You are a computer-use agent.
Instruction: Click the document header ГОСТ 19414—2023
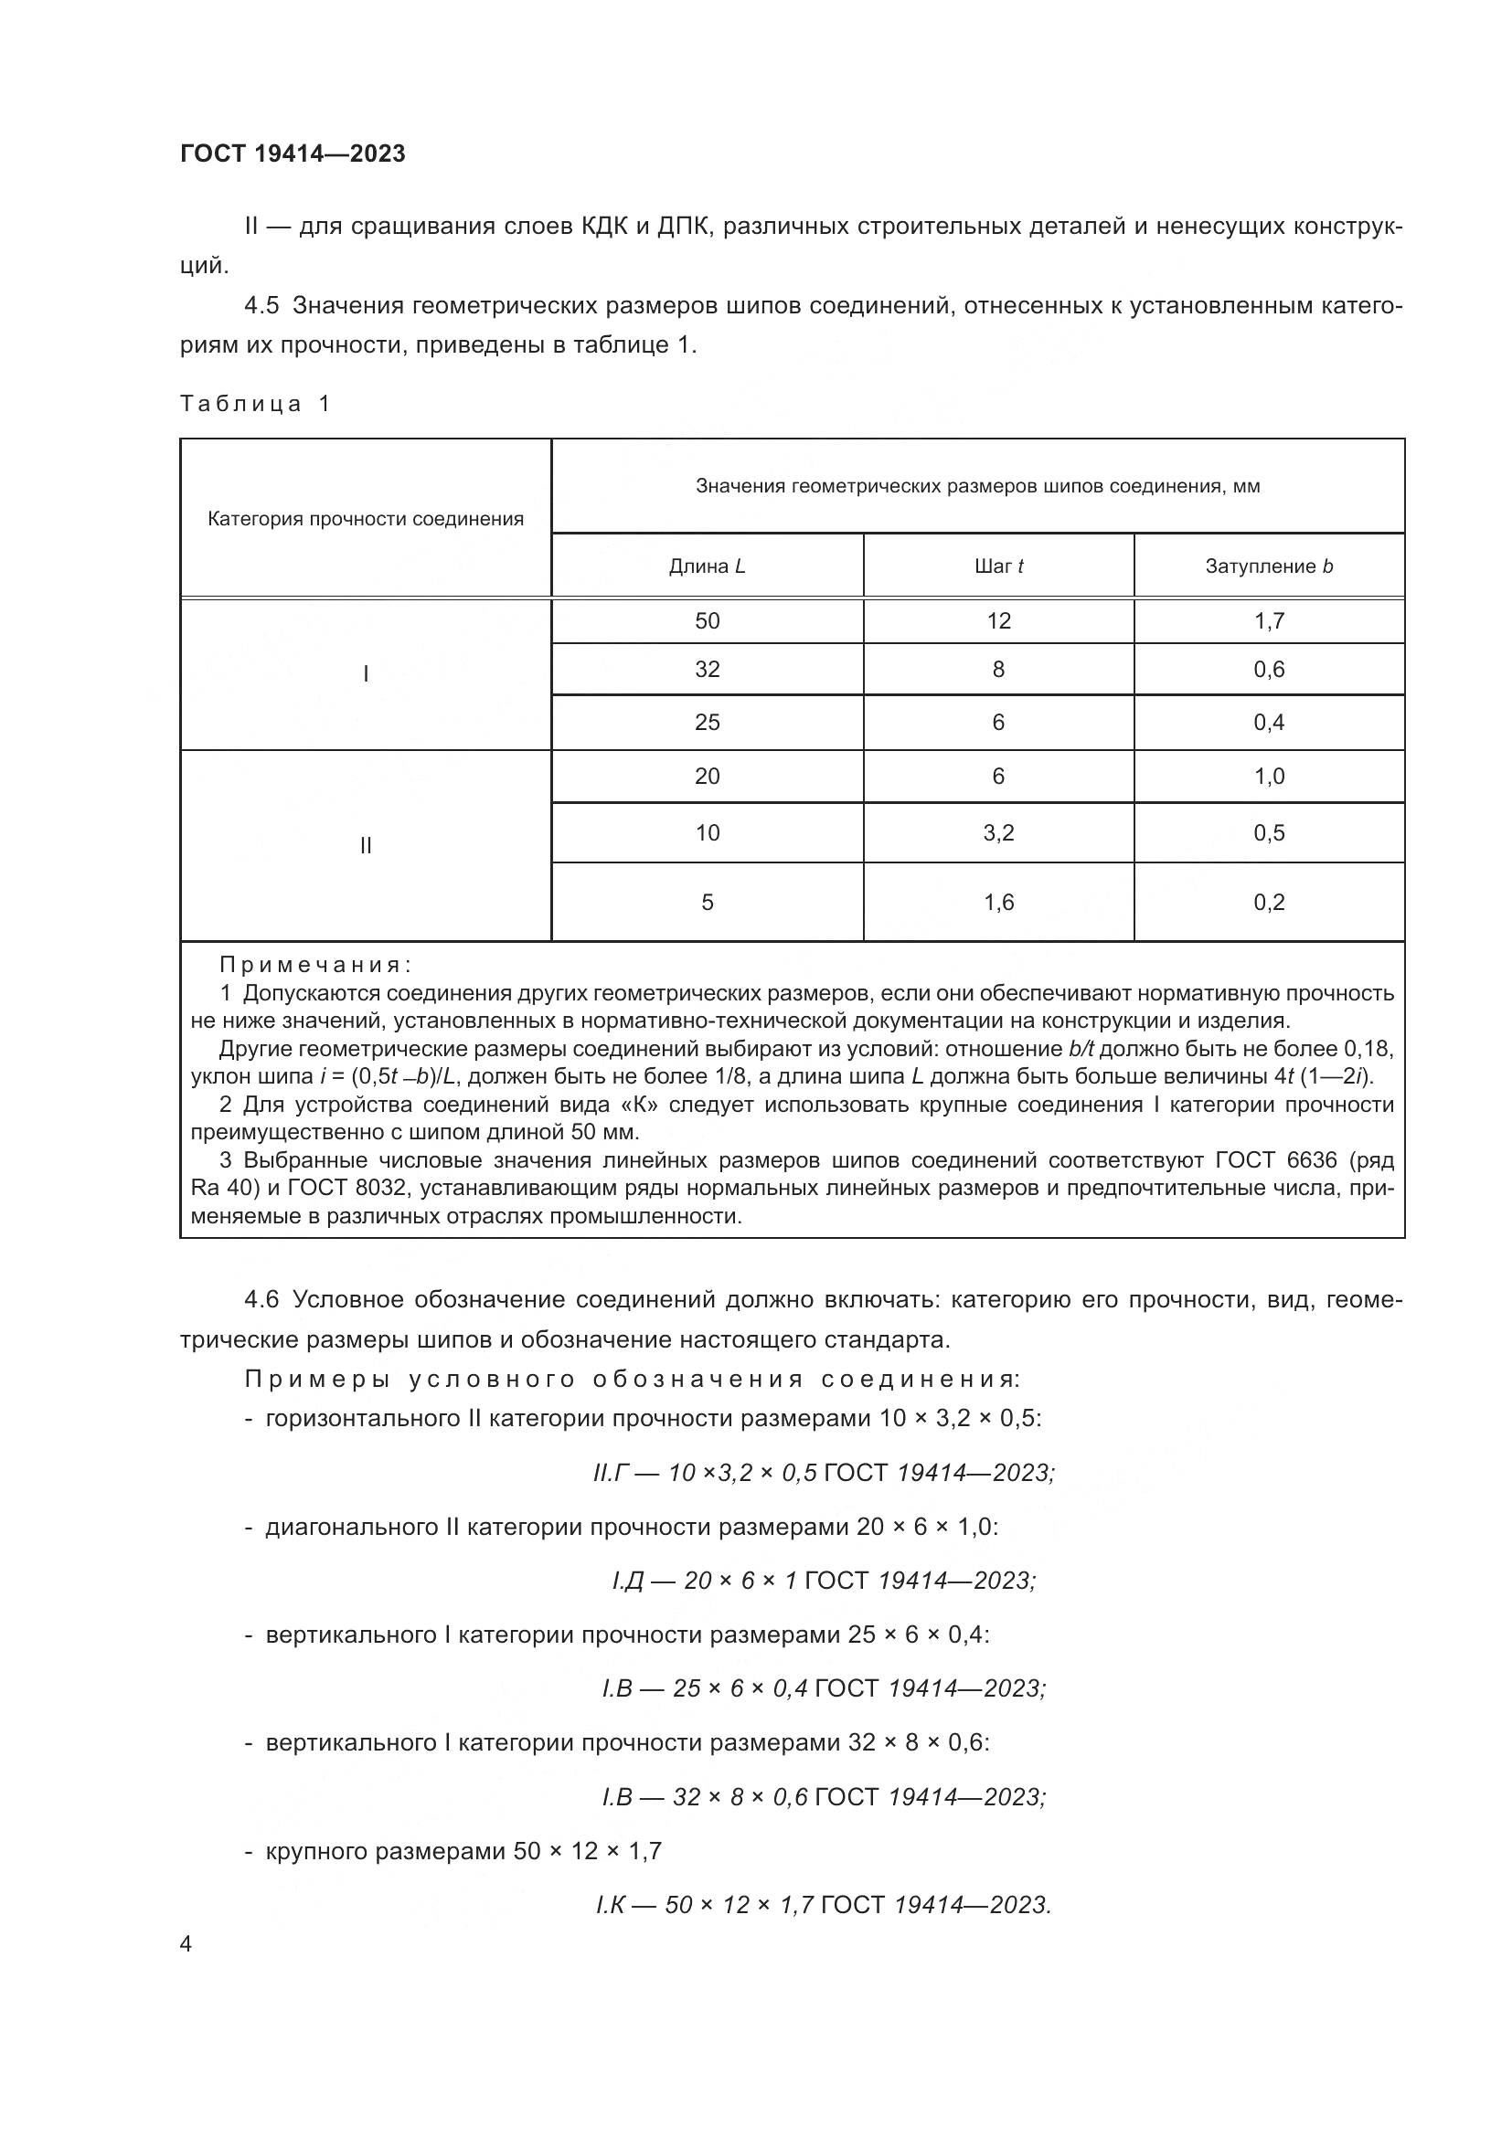293,153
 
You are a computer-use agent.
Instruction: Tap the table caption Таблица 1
255,403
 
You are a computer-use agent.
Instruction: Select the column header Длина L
707,566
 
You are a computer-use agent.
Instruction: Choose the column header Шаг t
998,566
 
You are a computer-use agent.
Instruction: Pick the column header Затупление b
1268,566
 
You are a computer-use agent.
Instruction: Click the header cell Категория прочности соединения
365,518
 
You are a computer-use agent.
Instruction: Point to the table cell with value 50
707,620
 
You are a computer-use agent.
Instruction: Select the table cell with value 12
998,620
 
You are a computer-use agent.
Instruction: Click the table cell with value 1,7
1268,620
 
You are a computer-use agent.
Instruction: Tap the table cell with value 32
707,669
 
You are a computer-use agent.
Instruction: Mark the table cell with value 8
998,669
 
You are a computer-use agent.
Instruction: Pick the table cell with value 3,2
998,832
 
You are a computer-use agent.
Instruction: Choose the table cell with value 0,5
1268,832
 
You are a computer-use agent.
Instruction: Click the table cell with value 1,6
998,902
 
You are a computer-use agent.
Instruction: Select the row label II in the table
365,845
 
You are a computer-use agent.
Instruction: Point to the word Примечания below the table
314,964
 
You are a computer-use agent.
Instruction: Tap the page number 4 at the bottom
186,1944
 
